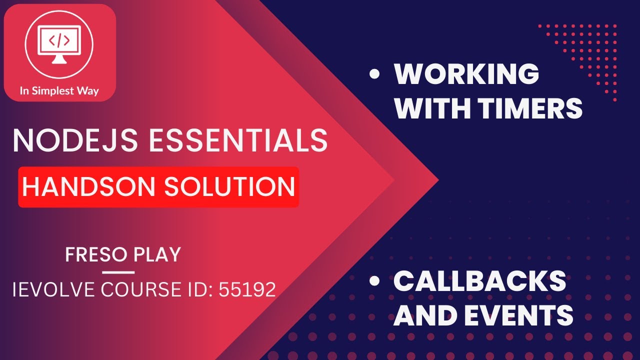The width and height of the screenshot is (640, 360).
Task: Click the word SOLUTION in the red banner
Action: point(228,186)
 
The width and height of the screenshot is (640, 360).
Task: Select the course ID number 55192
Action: point(247,289)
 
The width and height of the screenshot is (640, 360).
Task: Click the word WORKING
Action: point(466,74)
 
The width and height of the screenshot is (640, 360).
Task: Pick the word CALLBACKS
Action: point(479,281)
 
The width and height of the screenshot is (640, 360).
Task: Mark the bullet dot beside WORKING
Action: point(374,75)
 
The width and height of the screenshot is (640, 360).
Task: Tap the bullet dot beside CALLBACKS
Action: point(374,282)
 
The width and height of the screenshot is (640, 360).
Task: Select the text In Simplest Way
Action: point(59,91)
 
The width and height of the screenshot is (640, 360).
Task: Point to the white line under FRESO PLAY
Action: point(118,272)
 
